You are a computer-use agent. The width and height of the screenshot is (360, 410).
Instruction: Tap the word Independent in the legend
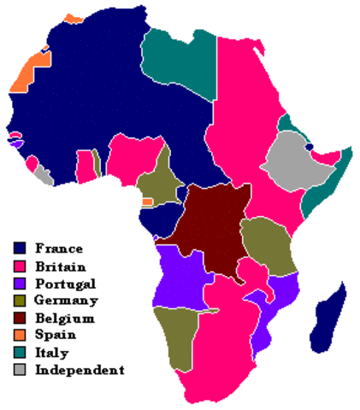[x=80, y=370]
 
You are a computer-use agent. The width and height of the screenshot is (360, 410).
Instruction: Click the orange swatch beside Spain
[x=20, y=336]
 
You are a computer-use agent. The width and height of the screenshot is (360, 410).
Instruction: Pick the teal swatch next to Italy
[x=20, y=353]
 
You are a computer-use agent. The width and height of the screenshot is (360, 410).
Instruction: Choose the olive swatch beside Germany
[x=20, y=301]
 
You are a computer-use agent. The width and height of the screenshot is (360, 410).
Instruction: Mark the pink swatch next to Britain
[x=20, y=266]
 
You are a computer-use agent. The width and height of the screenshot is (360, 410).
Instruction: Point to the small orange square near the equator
[x=147, y=202]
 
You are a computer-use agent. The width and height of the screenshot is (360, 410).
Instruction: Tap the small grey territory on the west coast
[x=42, y=175]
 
